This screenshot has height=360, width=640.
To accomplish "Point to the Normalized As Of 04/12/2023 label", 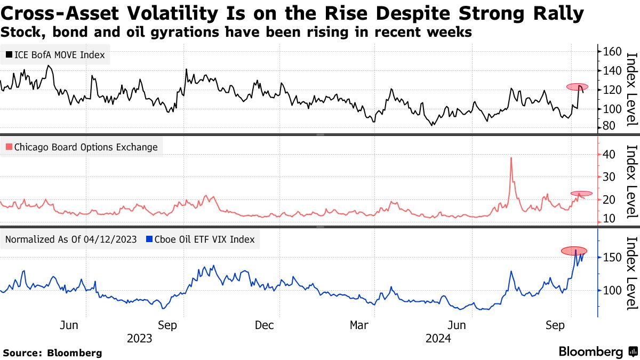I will coord(71,239).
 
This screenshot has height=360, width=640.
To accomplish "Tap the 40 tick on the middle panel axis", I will coord(609,154).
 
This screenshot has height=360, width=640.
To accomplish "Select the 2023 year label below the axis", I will coord(139,339).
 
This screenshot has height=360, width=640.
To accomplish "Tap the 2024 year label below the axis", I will coord(438,339).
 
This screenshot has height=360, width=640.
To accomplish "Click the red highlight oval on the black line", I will coord(578,86).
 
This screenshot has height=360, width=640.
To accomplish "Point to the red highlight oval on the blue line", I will coord(574,251).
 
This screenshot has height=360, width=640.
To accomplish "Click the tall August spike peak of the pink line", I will coord(511,158).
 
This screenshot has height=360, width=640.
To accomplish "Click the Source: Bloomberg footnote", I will coord(52,353).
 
